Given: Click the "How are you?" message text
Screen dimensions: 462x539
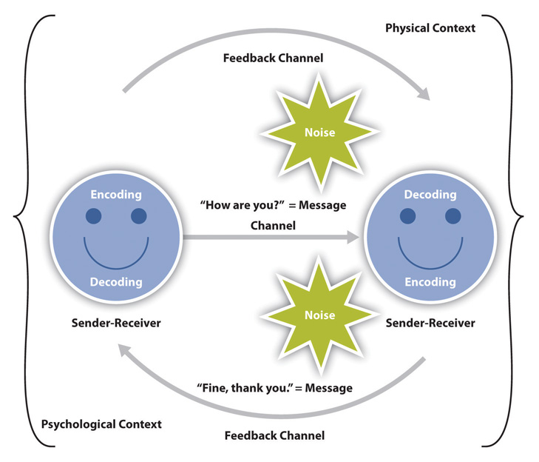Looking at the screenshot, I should [x=271, y=204].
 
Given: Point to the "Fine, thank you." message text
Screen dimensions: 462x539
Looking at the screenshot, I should [x=274, y=387].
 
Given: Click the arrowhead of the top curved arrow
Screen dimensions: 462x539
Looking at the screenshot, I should [x=423, y=94].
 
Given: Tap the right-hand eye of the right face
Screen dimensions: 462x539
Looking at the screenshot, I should [x=452, y=216].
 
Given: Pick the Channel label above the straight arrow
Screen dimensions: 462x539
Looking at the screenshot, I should [x=273, y=225].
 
